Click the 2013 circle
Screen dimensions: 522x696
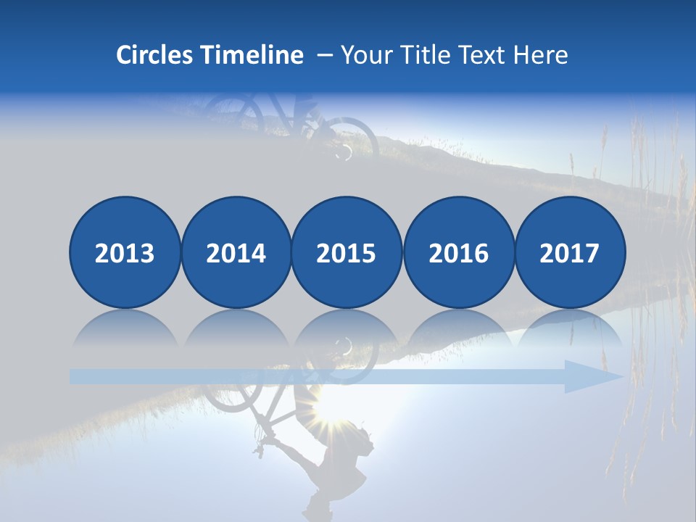125,252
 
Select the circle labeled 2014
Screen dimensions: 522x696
236,252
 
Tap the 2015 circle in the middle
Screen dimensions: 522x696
347,252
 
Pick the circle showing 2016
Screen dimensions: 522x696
458,252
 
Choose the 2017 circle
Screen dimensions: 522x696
569,252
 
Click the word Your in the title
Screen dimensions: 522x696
364,55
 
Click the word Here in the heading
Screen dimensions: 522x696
540,55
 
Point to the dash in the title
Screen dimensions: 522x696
324,56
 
